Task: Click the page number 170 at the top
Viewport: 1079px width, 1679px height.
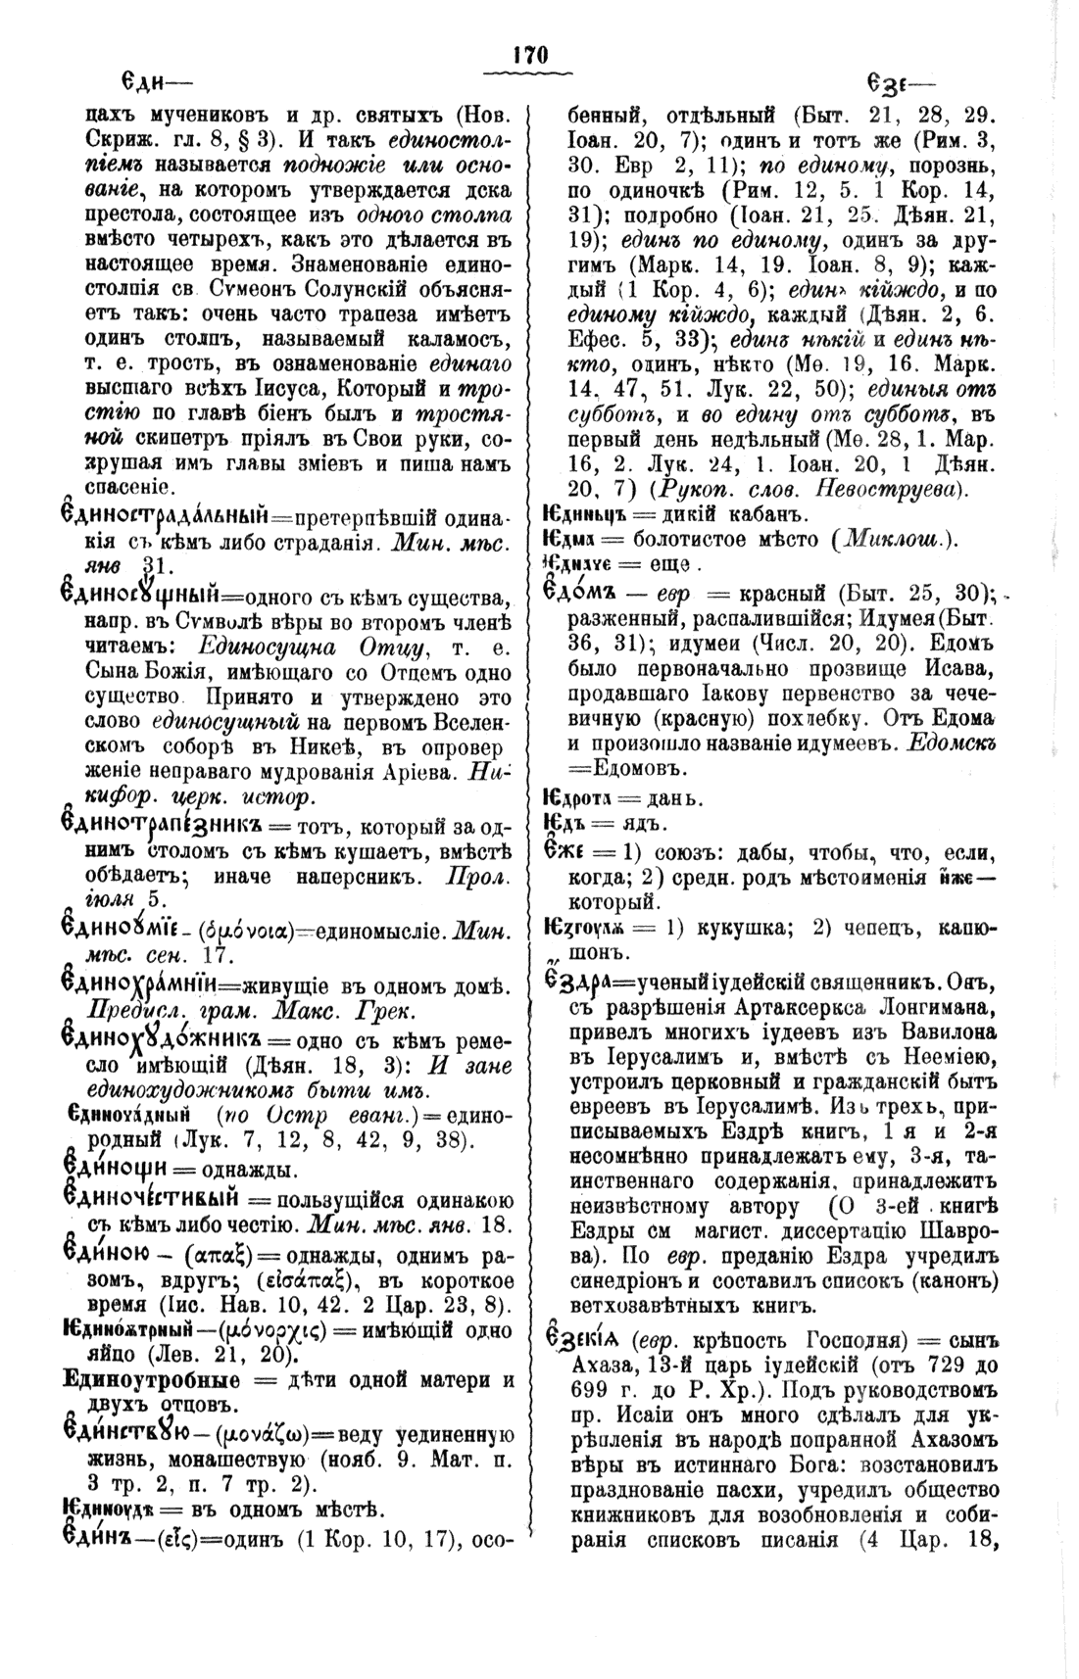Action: point(530,55)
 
